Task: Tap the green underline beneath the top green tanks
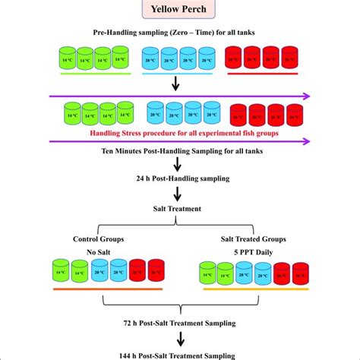[90, 74]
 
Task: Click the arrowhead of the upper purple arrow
[308, 96]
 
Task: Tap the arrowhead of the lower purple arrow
[308, 140]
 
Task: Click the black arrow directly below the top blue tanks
[175, 83]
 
